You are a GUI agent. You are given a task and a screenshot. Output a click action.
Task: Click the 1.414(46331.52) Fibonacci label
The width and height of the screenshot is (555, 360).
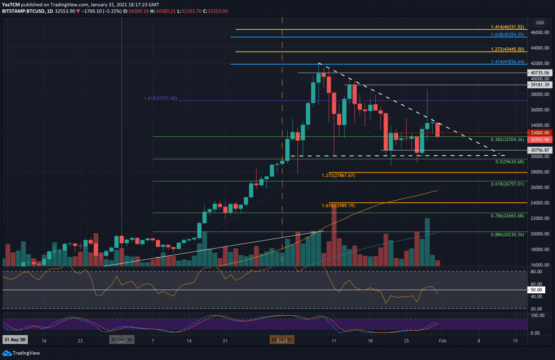click(507, 27)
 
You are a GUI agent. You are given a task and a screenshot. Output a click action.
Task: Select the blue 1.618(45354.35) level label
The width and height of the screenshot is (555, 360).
click(507, 35)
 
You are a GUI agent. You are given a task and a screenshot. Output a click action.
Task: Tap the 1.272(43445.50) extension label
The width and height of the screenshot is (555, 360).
click(507, 50)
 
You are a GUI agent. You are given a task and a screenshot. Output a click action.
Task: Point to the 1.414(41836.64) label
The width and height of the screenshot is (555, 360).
click(507, 62)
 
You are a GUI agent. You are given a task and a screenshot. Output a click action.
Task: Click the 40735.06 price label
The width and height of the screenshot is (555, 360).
click(540, 73)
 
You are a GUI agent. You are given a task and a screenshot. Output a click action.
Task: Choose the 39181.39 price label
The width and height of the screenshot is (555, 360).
click(540, 85)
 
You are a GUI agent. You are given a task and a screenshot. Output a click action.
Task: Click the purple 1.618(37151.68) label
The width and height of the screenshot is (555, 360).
click(161, 98)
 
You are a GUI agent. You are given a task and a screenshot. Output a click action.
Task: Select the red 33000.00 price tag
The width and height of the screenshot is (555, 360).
click(540, 133)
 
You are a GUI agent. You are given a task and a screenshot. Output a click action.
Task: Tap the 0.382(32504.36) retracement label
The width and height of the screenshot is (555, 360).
click(507, 139)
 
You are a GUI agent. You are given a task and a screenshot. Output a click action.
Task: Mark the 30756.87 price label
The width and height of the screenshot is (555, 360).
click(540, 150)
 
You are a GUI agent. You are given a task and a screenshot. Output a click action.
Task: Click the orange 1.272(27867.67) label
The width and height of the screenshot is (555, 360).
click(338, 175)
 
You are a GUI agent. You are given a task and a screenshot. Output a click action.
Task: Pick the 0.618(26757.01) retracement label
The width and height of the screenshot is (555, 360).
click(507, 184)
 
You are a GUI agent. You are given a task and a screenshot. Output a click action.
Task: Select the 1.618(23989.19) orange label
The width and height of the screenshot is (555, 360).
click(338, 206)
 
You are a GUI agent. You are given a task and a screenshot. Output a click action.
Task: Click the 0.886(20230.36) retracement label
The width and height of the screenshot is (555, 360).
click(507, 234)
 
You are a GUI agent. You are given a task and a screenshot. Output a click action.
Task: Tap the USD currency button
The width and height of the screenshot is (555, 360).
click(539, 22)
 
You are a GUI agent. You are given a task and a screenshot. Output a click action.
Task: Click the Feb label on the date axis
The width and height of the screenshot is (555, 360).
click(443, 341)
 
